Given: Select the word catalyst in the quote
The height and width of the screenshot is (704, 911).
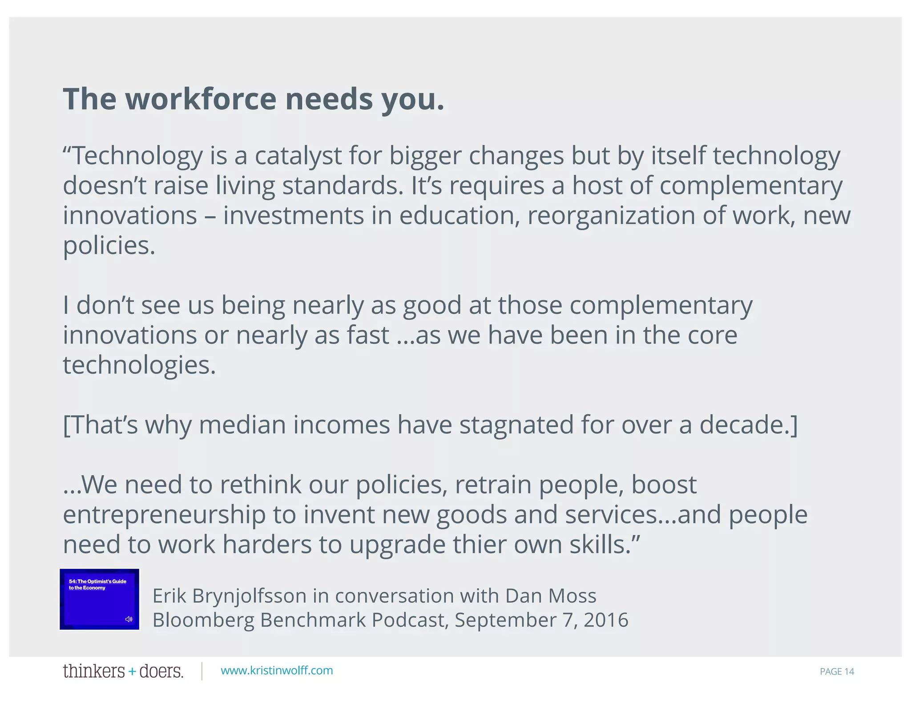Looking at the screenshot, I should [298, 156].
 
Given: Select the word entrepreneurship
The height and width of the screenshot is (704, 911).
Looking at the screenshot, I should [164, 515].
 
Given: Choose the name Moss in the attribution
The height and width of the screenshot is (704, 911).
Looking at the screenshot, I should [573, 595].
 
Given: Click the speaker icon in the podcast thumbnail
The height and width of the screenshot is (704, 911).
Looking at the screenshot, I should [129, 619].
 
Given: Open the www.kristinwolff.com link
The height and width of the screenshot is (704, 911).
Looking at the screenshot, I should [277, 671].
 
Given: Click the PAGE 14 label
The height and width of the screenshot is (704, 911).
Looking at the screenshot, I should [837, 672].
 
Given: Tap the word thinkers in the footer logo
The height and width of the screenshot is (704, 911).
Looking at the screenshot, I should [94, 671].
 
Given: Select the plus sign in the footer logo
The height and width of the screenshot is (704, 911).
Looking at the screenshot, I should [132, 672].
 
